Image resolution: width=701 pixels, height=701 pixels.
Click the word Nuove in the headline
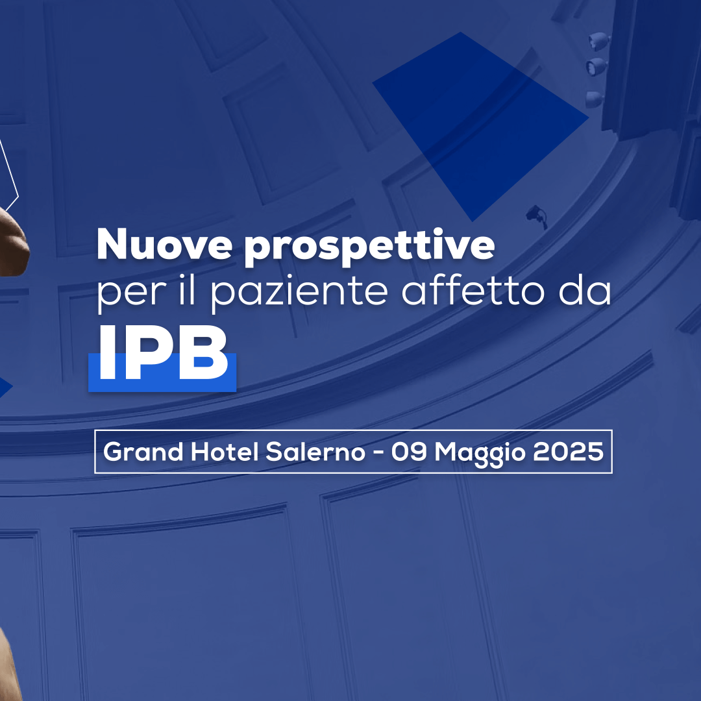tap(164, 244)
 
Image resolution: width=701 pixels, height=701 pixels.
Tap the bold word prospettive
tap(370, 247)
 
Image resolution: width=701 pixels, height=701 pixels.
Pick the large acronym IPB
tap(163, 353)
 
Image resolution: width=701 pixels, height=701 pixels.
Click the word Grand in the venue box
tap(143, 452)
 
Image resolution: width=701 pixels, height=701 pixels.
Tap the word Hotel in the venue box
tap(225, 452)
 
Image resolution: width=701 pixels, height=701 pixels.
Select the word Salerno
tap(315, 452)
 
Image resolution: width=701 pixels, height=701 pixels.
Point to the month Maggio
tap(480, 454)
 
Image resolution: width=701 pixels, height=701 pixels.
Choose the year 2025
tap(568, 452)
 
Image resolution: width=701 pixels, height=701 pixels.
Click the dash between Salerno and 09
tap(378, 453)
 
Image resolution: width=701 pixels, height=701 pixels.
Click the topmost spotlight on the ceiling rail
tap(598, 41)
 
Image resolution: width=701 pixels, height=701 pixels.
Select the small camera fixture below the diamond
tap(537, 216)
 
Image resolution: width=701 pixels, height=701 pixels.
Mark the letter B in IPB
tap(204, 353)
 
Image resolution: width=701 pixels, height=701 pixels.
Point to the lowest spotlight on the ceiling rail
tap(595, 99)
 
